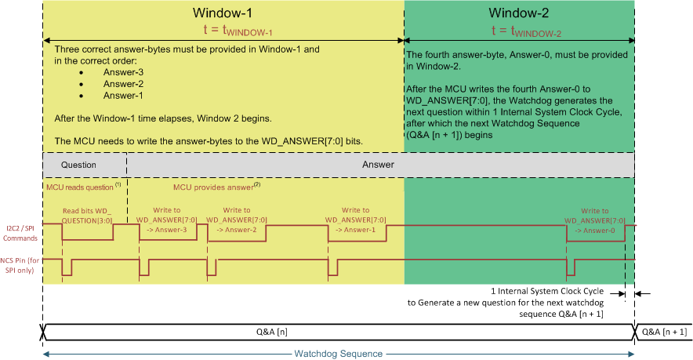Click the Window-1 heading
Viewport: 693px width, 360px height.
tap(223, 13)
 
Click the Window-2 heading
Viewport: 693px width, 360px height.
tap(518, 13)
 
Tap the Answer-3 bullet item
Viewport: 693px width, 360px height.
tap(123, 72)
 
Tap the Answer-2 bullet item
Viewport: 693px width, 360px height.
tap(123, 84)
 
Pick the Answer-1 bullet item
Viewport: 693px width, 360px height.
tap(123, 96)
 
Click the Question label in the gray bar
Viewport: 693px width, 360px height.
tap(78, 165)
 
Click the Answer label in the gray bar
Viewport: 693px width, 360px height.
tap(378, 165)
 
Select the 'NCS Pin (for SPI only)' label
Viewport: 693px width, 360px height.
tap(21, 262)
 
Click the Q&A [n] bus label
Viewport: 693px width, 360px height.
tap(338, 332)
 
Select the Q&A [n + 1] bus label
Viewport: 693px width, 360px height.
tap(664, 332)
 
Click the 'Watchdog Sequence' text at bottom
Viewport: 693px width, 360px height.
tap(338, 354)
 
